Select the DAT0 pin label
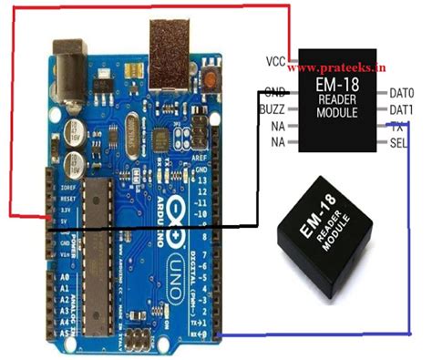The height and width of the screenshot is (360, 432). click(x=402, y=93)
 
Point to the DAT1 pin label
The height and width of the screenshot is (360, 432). click(x=402, y=109)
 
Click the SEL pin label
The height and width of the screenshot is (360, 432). click(x=398, y=144)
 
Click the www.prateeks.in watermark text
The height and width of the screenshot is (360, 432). click(x=348, y=67)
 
